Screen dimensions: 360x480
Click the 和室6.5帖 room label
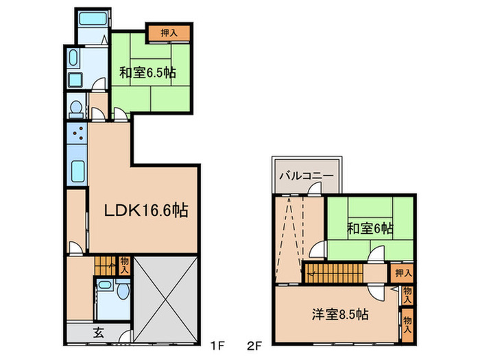click(x=143, y=71)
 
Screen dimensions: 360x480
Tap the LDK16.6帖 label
click(x=146, y=210)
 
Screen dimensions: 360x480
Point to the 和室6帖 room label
click(x=370, y=227)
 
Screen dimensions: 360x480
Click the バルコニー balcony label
click(x=306, y=176)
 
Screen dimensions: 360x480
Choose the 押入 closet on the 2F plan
click(x=403, y=273)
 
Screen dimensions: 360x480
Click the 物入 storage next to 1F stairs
click(x=124, y=265)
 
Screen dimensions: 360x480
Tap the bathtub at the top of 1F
click(x=91, y=20)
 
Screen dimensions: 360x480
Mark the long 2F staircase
click(x=336, y=272)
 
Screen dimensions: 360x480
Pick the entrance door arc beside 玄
click(x=124, y=336)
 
